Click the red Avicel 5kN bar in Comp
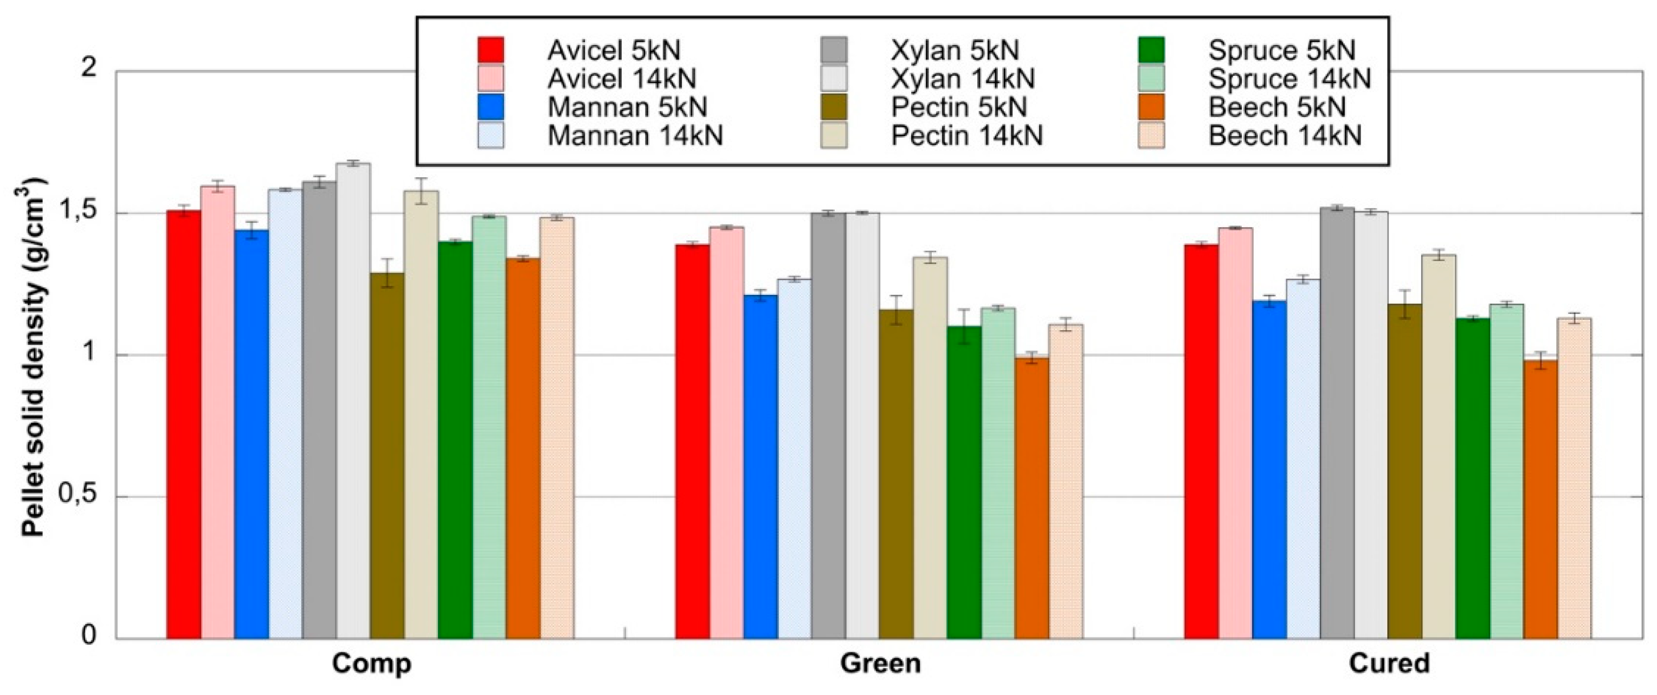click(x=183, y=424)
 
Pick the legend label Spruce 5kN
click(x=1281, y=50)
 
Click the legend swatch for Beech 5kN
click(x=1151, y=107)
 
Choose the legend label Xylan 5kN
click(x=955, y=50)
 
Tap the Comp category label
click(x=371, y=664)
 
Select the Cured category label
click(x=1389, y=664)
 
